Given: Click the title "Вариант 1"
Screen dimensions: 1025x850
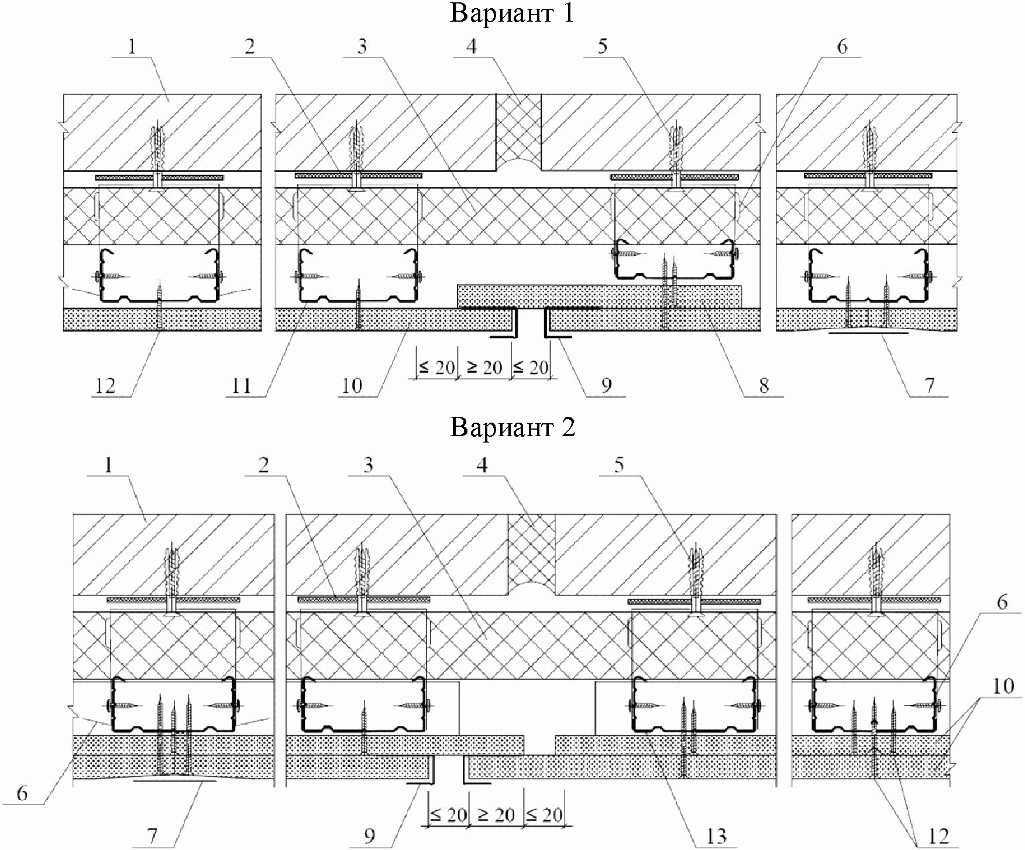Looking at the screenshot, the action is coord(512,13).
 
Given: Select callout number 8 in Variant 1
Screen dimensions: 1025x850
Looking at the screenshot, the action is coord(764,385).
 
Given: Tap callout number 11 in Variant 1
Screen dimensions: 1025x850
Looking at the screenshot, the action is coord(241,385).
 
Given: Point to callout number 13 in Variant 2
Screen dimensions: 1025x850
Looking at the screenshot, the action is coord(717,836).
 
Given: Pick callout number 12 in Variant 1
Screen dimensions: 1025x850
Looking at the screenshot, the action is coord(105,385).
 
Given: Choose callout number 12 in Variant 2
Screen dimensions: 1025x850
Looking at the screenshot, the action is coord(938,836).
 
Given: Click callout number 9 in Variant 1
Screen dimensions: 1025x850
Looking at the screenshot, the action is coord(606,385).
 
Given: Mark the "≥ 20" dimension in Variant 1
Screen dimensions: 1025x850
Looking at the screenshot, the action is coord(484,368).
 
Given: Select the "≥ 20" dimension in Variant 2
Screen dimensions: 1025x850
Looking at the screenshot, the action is coord(496,814).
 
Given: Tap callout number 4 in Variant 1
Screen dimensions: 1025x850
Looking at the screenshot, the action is coord(472,46).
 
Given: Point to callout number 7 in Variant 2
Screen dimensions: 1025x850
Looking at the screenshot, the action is coord(152,836).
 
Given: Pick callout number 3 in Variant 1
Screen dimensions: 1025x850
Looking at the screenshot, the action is coord(362,46).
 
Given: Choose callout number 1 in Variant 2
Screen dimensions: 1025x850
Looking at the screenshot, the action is coord(108,465).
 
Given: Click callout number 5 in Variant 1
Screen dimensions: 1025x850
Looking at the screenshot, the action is coord(603,46).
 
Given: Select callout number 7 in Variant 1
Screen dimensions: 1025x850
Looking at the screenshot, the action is coord(929,385).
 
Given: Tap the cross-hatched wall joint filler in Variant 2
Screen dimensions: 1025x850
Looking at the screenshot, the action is coord(531,547).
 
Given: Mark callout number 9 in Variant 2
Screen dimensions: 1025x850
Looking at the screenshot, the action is coord(369,836).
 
